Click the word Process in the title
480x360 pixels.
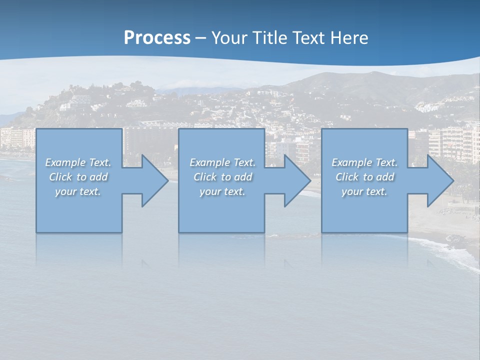click(x=157, y=38)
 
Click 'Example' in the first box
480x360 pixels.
click(x=65, y=162)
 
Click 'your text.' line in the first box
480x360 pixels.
click(x=78, y=191)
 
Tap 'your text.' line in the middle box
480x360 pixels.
click(x=222, y=191)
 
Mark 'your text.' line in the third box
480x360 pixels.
click(x=364, y=191)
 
